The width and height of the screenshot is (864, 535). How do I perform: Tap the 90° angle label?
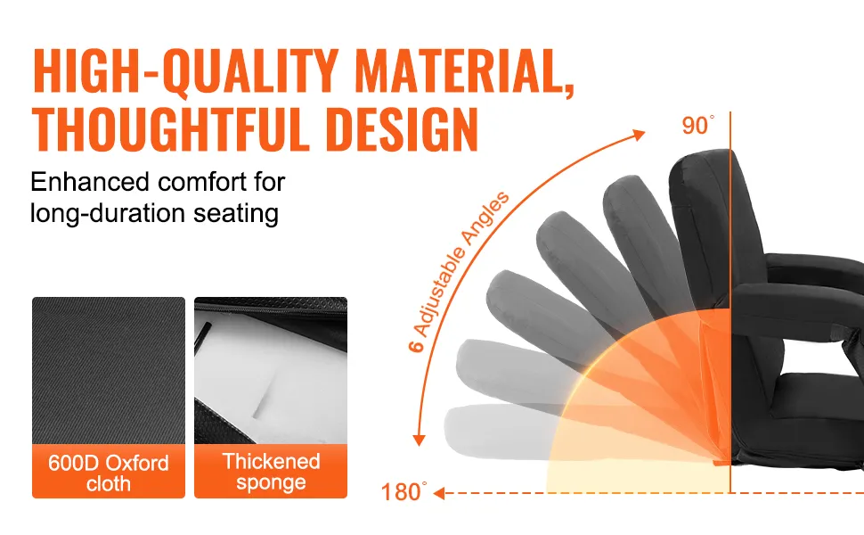698,126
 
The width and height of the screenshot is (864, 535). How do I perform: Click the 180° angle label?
403,492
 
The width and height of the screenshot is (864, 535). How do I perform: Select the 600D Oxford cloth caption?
109,473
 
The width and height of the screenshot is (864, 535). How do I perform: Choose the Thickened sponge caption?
271,472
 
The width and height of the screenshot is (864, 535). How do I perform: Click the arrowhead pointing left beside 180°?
439,492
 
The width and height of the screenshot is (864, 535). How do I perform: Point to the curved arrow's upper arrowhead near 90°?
640,135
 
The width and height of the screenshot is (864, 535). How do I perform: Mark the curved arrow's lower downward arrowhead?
420,440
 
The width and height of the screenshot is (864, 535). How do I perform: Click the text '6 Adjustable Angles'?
459,271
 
